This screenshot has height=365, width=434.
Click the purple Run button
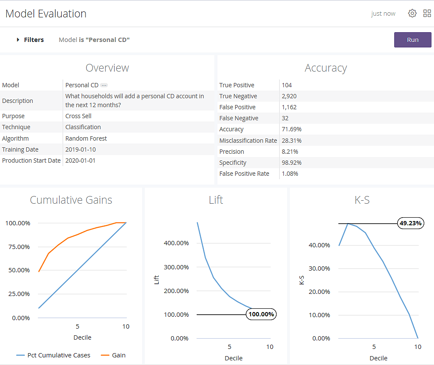[x=412, y=40]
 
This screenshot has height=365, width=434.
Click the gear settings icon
[x=412, y=14]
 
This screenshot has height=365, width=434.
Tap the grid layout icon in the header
[x=427, y=14]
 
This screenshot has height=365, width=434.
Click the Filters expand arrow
[x=18, y=40]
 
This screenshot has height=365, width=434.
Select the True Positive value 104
[x=287, y=85]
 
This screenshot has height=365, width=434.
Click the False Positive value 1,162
[x=290, y=107]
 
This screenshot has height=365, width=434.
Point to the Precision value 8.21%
[x=290, y=152]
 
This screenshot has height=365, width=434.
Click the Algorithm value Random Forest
[x=86, y=138]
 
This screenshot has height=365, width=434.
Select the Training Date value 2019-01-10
[x=80, y=149]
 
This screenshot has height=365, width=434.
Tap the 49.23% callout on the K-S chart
[x=410, y=224]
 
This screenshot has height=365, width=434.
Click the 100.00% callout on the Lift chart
[x=261, y=314]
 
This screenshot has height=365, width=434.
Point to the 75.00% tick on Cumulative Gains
[x=18, y=247]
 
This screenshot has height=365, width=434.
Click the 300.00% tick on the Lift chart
[x=176, y=267]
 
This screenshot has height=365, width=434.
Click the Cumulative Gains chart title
[x=71, y=200]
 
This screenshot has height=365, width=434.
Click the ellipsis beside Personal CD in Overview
[x=104, y=86]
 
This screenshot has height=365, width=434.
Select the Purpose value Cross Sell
[x=78, y=116]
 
